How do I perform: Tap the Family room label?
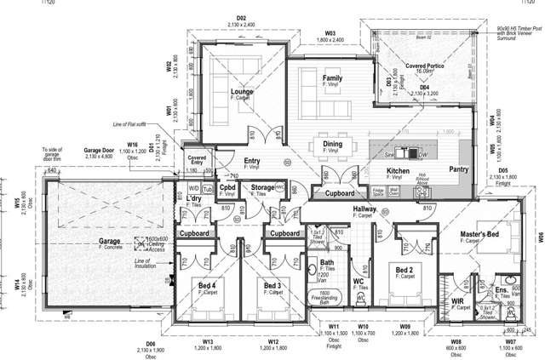[x=332, y=78]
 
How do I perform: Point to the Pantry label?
[x=460, y=169]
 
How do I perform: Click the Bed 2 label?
[x=404, y=270]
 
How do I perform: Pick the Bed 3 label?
[x=272, y=284]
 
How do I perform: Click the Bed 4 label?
[x=208, y=284]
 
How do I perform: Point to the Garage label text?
[x=109, y=241]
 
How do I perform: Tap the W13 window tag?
[x=208, y=341]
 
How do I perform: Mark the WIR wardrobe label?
[x=457, y=300]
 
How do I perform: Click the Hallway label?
[x=364, y=209]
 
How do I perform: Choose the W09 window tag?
[x=405, y=326]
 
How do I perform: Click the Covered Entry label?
[x=197, y=160]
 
